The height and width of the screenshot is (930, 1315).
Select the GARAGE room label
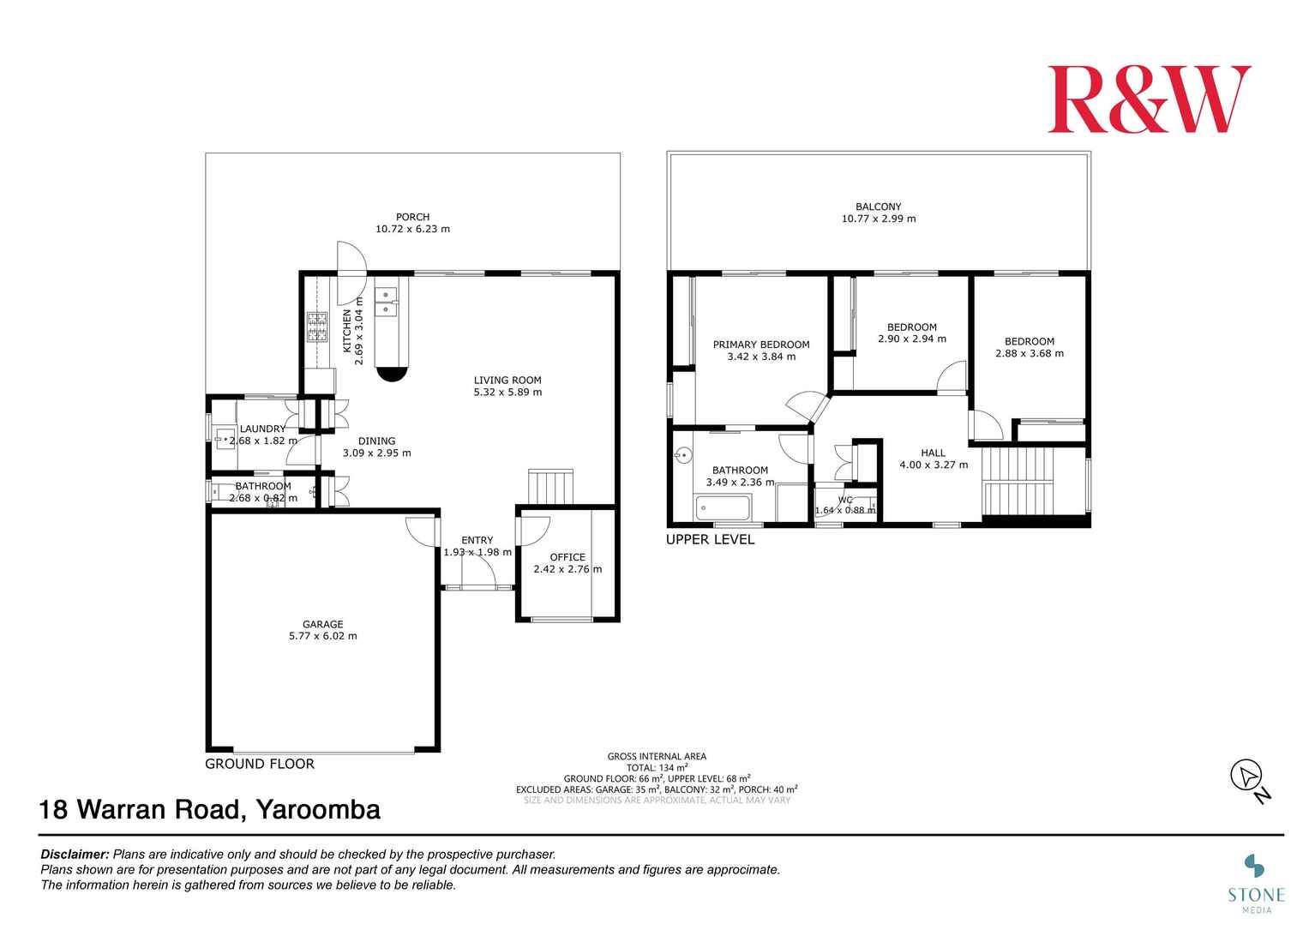323,624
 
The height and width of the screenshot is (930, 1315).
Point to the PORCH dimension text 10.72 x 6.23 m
412,229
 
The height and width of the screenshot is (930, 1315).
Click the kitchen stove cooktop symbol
317,327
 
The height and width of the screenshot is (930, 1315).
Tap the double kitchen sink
386,301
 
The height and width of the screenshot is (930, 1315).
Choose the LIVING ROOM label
507,381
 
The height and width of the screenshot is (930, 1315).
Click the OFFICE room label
567,557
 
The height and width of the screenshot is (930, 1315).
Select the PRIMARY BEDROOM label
761,345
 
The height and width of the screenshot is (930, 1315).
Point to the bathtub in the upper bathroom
723,507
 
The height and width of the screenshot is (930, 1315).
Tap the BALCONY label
878,207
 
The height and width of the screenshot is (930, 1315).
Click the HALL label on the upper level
934,453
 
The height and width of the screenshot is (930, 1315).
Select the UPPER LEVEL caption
710,539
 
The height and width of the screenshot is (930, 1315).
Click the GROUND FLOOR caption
260,764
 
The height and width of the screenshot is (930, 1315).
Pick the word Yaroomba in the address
318,810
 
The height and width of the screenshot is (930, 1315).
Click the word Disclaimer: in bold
75,855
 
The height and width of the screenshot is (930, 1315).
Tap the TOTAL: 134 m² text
657,767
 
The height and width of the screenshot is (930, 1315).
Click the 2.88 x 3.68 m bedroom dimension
1030,353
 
